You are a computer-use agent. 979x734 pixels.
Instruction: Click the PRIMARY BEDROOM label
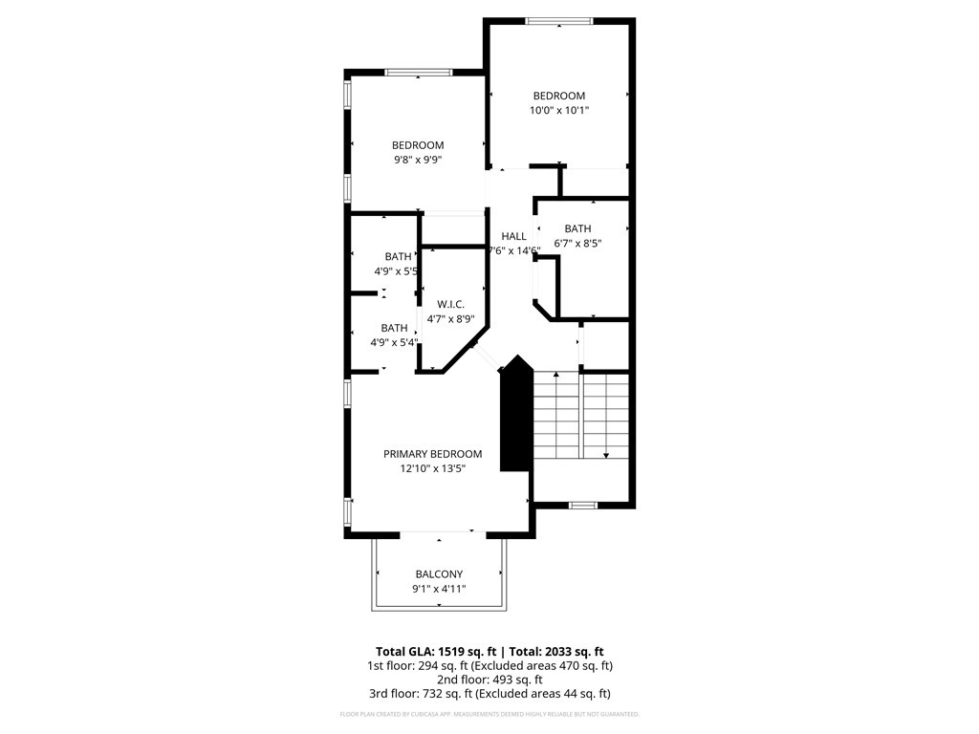[432, 454]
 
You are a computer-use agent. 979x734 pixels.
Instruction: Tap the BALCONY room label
[439, 574]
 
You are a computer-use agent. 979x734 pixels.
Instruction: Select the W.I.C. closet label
[450, 304]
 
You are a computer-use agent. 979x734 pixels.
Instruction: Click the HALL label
[513, 236]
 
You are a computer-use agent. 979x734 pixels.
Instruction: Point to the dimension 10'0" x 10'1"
[559, 111]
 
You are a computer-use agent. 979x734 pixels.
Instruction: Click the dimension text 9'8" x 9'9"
[418, 161]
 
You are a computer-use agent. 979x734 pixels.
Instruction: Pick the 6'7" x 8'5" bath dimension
[577, 244]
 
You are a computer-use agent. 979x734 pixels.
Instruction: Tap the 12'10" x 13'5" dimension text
[432, 469]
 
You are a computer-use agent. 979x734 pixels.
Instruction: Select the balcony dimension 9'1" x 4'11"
[439, 590]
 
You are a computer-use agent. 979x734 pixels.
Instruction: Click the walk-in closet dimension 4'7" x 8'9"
[450, 319]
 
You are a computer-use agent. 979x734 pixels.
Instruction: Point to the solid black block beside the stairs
[515, 416]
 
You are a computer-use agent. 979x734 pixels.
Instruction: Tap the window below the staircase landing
[582, 504]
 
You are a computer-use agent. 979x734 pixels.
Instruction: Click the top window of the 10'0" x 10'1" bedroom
[559, 21]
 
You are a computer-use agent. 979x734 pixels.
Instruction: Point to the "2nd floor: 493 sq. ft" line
[489, 680]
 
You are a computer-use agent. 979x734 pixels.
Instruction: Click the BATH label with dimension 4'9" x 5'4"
[395, 328]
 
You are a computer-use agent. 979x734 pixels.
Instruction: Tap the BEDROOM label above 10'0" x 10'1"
[559, 96]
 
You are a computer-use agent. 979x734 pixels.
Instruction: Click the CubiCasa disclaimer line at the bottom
[489, 714]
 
